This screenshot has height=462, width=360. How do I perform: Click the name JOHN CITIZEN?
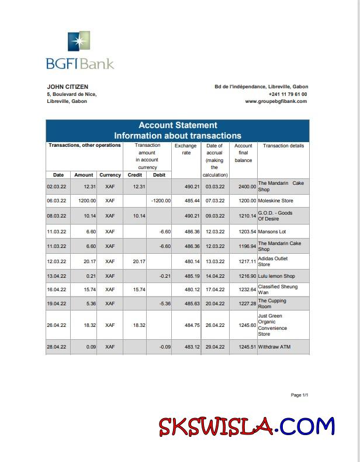(x=67, y=87)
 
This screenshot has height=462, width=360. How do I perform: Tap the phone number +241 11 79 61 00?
(x=288, y=94)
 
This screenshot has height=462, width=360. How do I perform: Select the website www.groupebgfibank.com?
(x=276, y=101)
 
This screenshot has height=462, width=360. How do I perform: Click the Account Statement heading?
(x=178, y=125)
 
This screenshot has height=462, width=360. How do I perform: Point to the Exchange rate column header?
(x=186, y=149)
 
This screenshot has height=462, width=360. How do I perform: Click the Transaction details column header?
(x=283, y=146)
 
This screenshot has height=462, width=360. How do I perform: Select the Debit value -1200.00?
(x=160, y=201)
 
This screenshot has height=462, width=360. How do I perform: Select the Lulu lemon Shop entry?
(x=276, y=275)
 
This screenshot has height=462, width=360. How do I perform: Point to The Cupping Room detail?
(x=272, y=304)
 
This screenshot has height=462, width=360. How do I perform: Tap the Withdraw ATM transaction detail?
(x=274, y=347)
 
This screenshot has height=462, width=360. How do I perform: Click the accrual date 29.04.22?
(x=215, y=347)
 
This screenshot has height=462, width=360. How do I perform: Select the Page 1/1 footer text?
(x=299, y=395)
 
